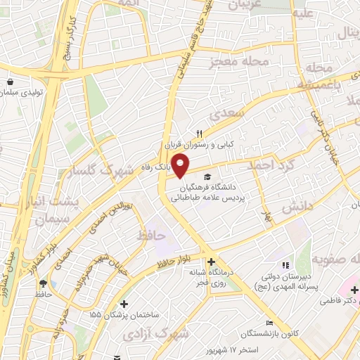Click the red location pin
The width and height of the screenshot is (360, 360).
(181, 166)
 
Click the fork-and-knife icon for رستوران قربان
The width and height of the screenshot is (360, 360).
(199, 134)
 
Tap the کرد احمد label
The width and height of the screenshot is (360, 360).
(267, 165)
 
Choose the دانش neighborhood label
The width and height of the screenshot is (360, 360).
(297, 208)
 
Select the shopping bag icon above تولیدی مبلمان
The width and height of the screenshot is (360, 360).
(10, 81)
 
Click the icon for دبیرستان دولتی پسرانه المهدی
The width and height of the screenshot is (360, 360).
(285, 265)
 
